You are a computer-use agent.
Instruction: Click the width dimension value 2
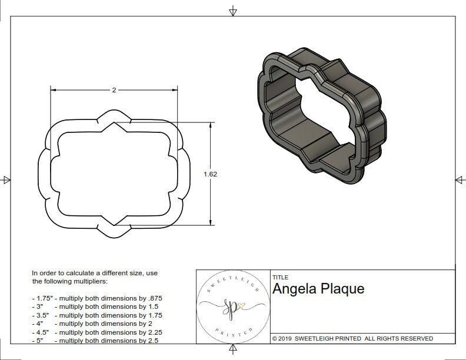click(114, 90)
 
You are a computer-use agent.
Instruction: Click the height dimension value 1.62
click(210, 174)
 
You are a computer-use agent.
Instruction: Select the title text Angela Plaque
click(318, 289)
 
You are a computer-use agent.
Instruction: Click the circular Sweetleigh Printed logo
click(232, 307)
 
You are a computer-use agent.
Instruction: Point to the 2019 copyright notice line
click(352, 338)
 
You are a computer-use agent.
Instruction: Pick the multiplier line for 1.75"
click(96, 298)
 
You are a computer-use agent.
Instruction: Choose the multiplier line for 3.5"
click(96, 315)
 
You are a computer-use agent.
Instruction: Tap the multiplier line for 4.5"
click(96, 331)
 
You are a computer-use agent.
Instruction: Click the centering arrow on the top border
click(233, 11)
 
